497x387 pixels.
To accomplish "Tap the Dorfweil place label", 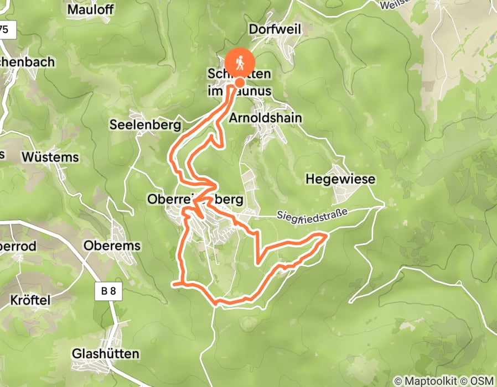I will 275,29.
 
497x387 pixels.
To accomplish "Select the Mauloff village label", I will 90,9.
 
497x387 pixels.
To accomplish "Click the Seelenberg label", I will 146,125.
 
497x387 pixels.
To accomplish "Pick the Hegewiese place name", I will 340,179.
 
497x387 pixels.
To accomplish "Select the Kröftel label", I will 30,300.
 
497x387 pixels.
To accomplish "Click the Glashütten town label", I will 106,353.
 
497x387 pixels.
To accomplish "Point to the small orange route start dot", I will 240,82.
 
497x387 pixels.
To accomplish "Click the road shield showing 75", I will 6,30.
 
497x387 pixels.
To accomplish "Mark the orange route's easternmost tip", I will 327,236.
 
